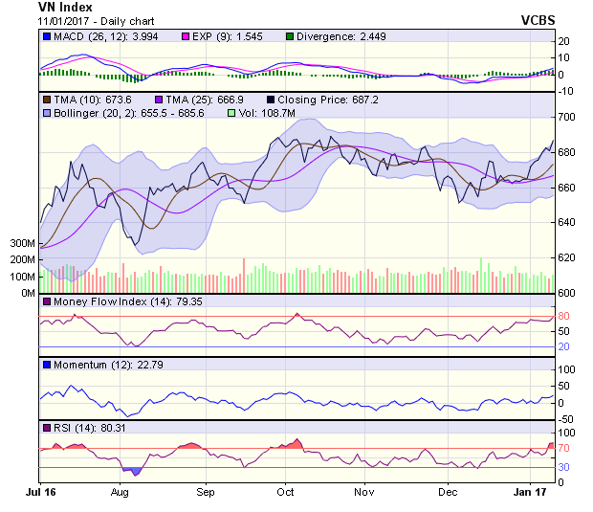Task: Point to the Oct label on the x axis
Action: point(285,491)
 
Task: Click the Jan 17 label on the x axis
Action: point(528,491)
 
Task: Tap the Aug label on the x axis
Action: point(120,491)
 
